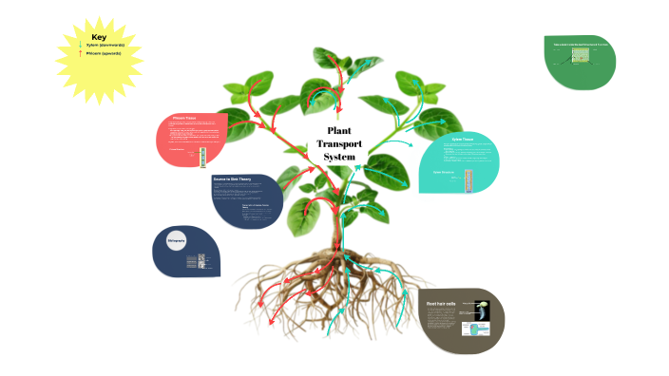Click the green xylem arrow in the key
pyautogui.click(x=80, y=45)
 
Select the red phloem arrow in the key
pyautogui.click(x=80, y=54)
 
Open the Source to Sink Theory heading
pyautogui.click(x=232, y=179)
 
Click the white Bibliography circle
pyautogui.click(x=176, y=240)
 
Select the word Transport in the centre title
pyautogui.click(x=339, y=144)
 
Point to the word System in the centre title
pyautogui.click(x=339, y=158)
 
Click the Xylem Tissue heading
pyautogui.click(x=464, y=140)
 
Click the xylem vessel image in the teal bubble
pyautogui.click(x=467, y=179)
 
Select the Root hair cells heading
pyautogui.click(x=441, y=304)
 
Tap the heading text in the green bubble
pyautogui.click(x=580, y=44)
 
